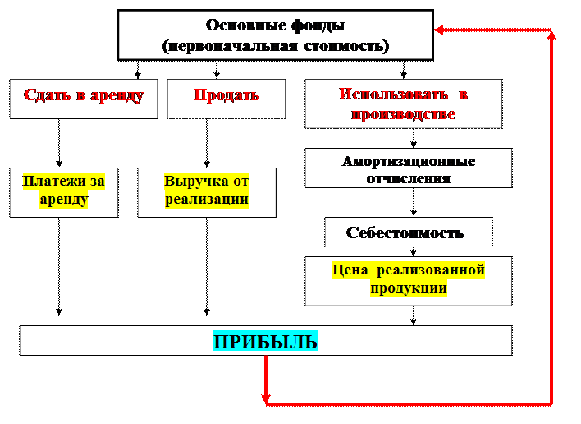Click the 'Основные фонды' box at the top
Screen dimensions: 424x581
coord(275,35)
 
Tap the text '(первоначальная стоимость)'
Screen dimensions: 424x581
coord(275,46)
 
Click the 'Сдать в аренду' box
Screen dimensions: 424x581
coord(84,99)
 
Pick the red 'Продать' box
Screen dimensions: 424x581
coord(226,99)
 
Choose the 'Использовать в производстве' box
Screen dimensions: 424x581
coord(403,104)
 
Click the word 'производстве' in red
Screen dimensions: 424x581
coord(403,114)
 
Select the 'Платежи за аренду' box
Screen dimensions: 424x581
coord(63,192)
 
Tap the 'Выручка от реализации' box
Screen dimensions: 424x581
coord(206,192)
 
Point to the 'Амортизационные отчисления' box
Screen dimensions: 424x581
coord(408,168)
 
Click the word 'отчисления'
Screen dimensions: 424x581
coord(408,177)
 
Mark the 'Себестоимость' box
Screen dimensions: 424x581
coord(408,233)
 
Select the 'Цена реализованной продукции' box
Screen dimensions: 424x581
coord(408,280)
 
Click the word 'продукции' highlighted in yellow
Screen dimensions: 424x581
coord(408,288)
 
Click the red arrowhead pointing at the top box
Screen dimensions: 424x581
coord(439,30)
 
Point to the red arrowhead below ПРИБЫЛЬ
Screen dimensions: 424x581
coord(266,398)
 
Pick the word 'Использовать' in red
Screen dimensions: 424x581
coord(391,94)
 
